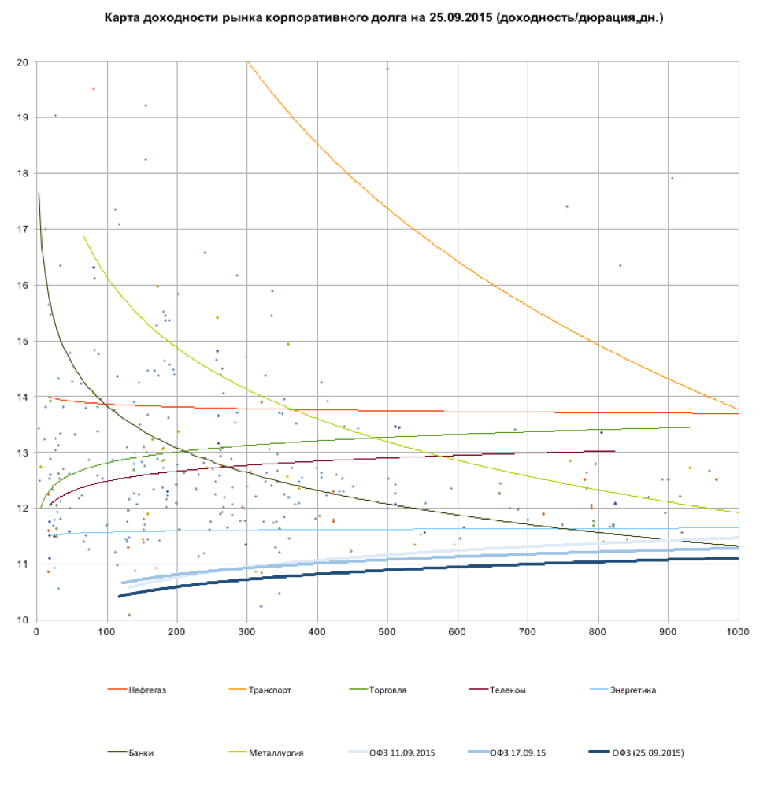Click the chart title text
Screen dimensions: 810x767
click(383, 17)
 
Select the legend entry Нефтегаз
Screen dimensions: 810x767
click(148, 690)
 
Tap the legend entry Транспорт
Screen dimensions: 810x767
click(270, 690)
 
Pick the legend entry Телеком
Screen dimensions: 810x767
click(507, 690)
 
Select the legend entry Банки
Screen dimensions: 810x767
click(143, 753)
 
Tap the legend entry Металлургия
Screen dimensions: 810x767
click(276, 753)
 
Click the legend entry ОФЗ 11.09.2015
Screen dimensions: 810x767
click(402, 753)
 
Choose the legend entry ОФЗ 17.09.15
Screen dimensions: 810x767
click(517, 753)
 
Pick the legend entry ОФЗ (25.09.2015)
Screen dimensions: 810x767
click(647, 753)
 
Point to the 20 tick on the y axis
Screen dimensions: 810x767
click(23, 62)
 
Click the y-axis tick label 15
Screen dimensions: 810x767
click(23, 342)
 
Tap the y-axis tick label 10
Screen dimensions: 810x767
click(23, 620)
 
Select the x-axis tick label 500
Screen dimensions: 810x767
click(387, 631)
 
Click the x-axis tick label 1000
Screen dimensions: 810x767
click(738, 631)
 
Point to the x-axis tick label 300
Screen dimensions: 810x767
click(247, 631)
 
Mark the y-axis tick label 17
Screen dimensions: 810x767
click(23, 230)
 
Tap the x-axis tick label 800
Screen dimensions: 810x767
click(598, 631)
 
